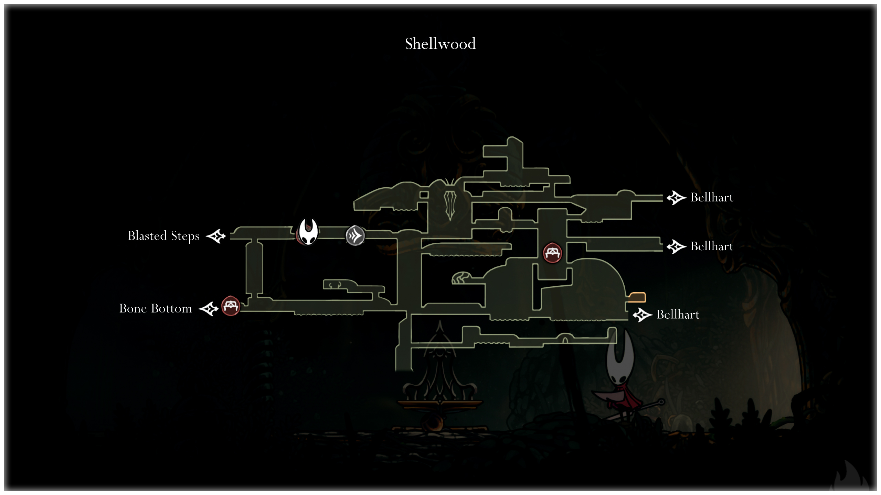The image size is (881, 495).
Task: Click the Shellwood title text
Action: tap(440, 44)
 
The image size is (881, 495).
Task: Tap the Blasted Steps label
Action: tap(163, 236)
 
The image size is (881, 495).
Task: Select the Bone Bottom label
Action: tap(156, 309)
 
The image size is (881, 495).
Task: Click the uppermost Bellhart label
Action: tap(711, 198)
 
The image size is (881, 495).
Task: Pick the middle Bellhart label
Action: tap(711, 246)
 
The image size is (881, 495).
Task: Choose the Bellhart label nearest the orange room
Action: tap(678, 315)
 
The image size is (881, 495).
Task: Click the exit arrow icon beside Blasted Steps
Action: tap(216, 236)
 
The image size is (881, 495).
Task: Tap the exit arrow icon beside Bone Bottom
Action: tap(209, 309)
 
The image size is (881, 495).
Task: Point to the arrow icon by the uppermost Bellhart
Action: tap(676, 198)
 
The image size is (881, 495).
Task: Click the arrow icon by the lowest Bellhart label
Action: tap(642, 315)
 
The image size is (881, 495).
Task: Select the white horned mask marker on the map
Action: tap(308, 232)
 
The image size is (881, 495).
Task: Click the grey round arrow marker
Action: tap(355, 235)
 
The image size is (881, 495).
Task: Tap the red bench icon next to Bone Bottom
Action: tap(230, 306)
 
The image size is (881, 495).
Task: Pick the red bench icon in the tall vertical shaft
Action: tap(552, 253)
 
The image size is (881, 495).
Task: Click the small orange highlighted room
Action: tap(637, 297)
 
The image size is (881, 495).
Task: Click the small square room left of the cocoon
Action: tap(424, 195)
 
